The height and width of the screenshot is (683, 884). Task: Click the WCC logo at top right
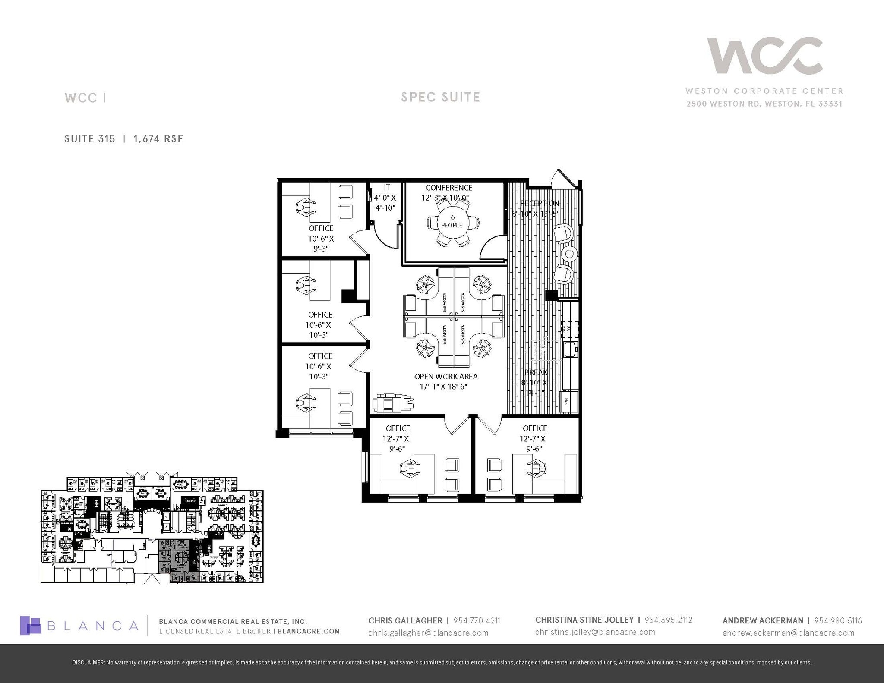(764, 56)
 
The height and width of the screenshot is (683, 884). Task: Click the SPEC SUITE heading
(440, 97)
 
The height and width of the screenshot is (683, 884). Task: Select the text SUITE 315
(90, 139)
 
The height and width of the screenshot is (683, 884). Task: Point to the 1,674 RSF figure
(158, 139)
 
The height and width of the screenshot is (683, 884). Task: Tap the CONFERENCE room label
(448, 188)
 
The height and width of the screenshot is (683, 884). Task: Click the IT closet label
(387, 187)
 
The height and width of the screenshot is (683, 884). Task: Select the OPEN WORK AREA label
(445, 376)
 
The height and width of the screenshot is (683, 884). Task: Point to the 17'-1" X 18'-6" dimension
(443, 387)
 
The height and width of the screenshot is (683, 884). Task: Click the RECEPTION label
(539, 203)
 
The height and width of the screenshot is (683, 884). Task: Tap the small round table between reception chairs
(569, 254)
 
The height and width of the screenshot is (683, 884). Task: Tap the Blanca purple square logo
(30, 625)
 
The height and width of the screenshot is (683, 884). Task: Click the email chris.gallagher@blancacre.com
(428, 633)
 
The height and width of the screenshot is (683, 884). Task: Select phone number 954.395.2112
(668, 620)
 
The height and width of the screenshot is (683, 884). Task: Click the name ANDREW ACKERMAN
(763, 620)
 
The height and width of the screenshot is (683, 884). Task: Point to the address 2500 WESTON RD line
(764, 104)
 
